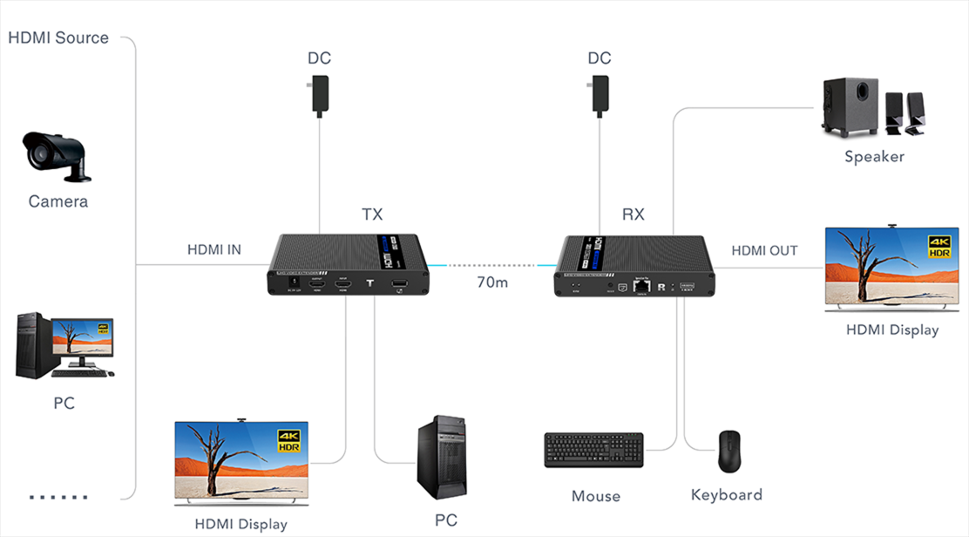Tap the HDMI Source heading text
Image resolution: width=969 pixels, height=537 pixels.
pyautogui.click(x=58, y=37)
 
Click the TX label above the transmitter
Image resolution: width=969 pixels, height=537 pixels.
pyautogui.click(x=372, y=214)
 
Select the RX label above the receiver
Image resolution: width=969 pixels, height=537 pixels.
pyautogui.click(x=634, y=214)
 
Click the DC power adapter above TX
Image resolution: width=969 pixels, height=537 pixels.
pyautogui.click(x=320, y=94)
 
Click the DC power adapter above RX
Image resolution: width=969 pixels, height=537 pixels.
pyautogui.click(x=599, y=94)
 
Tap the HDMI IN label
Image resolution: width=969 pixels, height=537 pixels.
pyautogui.click(x=214, y=250)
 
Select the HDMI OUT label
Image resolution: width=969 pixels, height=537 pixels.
pyautogui.click(x=764, y=250)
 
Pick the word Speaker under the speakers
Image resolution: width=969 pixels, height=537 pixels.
pyautogui.click(x=874, y=157)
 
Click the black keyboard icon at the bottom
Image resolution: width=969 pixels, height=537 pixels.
pyautogui.click(x=593, y=450)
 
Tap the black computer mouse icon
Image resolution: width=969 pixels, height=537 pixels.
pyautogui.click(x=728, y=451)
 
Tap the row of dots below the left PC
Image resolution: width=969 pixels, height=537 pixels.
pyautogui.click(x=58, y=498)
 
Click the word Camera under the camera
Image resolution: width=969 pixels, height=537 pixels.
pyautogui.click(x=58, y=201)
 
